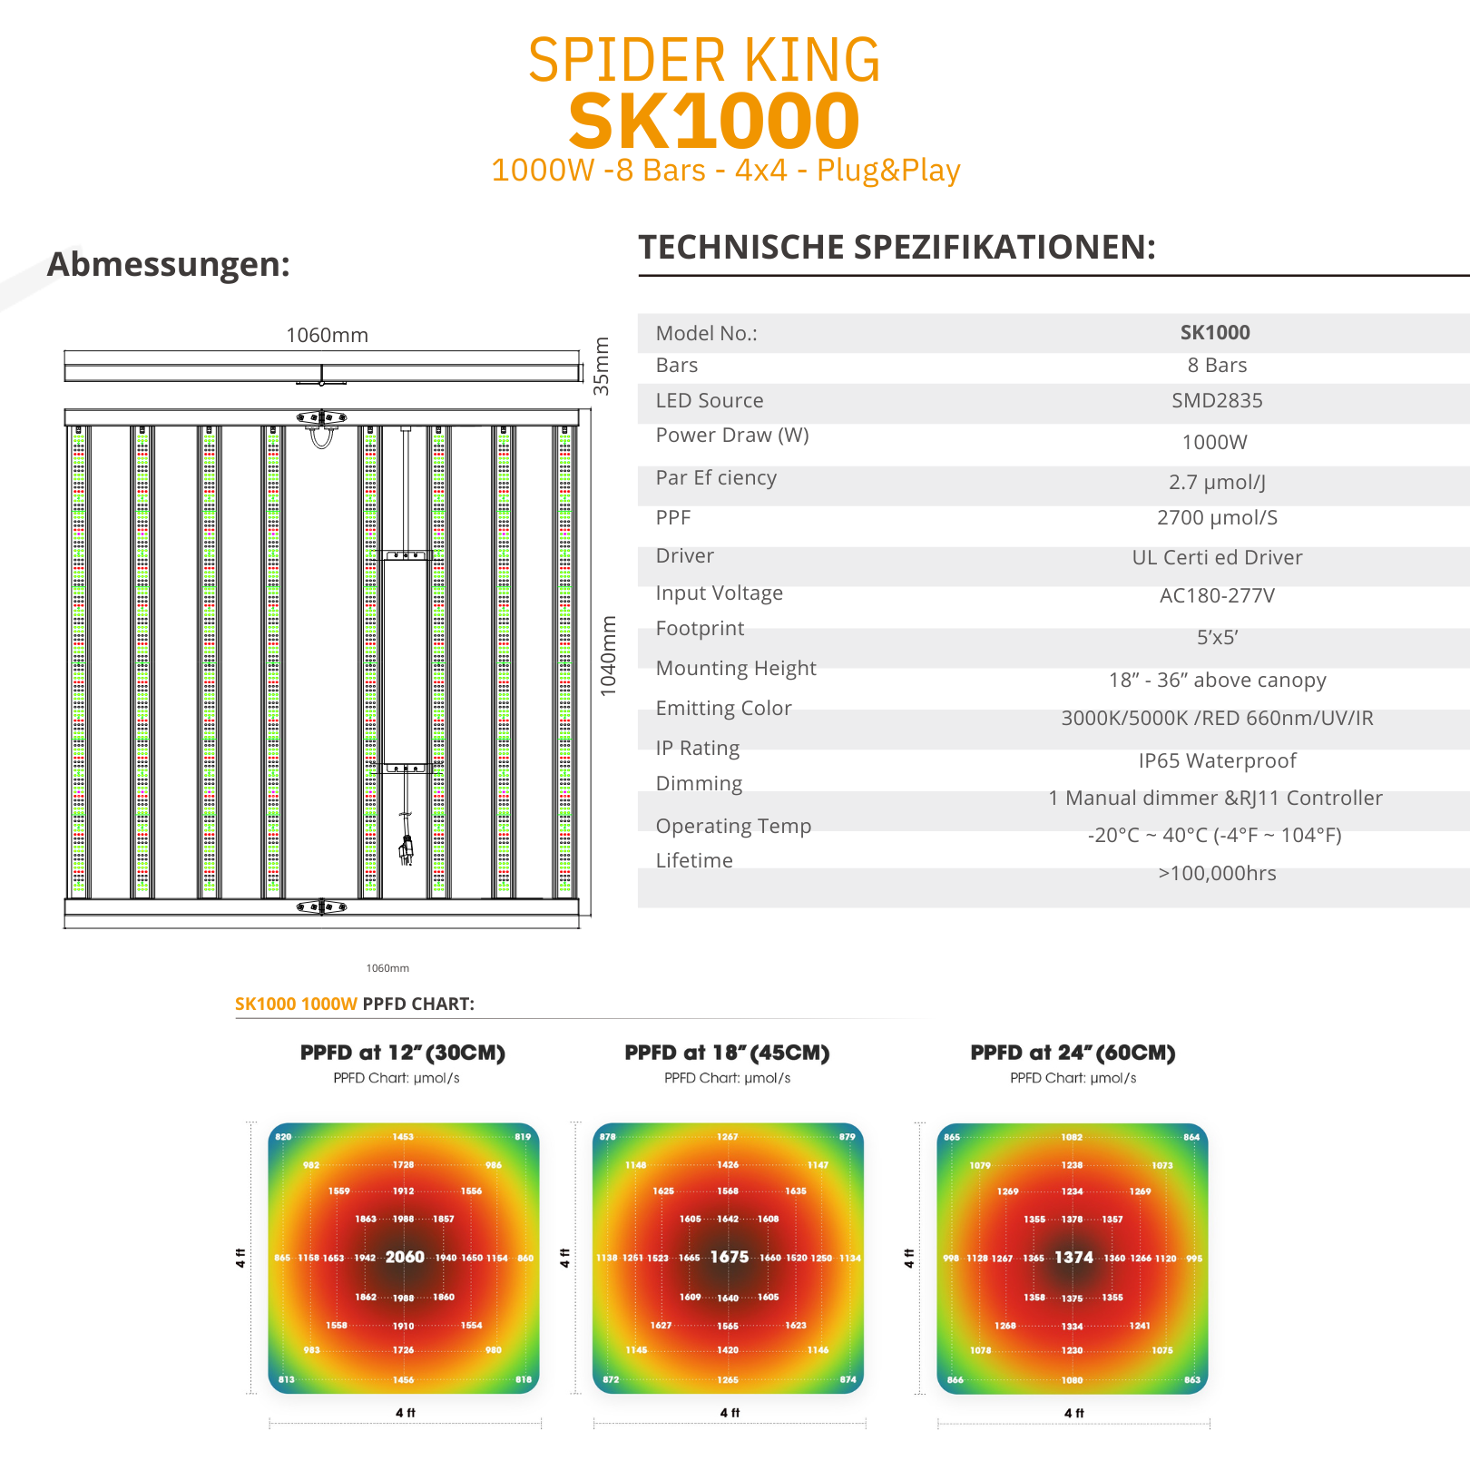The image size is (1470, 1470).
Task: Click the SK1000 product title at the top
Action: [x=714, y=122]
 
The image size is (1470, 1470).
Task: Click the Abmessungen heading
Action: [x=169, y=264]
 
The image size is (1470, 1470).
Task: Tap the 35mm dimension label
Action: [x=602, y=366]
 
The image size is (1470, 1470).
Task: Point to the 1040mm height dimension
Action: [x=608, y=656]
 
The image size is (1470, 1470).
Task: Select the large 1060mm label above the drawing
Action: [x=327, y=335]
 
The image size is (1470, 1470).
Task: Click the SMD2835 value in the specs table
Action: [x=1217, y=400]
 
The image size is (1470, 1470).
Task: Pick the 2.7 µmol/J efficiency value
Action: [x=1217, y=482]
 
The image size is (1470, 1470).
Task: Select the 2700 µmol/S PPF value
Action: [x=1217, y=517]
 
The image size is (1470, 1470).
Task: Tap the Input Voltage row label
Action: [x=719, y=593]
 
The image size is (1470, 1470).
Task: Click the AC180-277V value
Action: [x=1217, y=595]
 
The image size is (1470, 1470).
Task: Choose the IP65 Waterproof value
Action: [x=1217, y=760]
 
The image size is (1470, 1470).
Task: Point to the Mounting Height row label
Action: [x=736, y=668]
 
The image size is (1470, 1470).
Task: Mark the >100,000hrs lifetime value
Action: [x=1217, y=873]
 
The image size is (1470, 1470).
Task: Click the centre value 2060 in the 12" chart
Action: [x=405, y=1257]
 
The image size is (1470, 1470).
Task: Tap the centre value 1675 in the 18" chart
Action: [x=730, y=1257]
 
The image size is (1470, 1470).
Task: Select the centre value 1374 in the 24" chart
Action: [x=1073, y=1257]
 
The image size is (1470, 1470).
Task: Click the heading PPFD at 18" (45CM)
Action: [x=727, y=1053]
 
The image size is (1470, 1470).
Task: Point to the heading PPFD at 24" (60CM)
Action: [x=1073, y=1053]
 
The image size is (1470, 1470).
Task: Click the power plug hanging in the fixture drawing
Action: [x=406, y=850]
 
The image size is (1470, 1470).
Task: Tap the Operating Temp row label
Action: [x=733, y=826]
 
